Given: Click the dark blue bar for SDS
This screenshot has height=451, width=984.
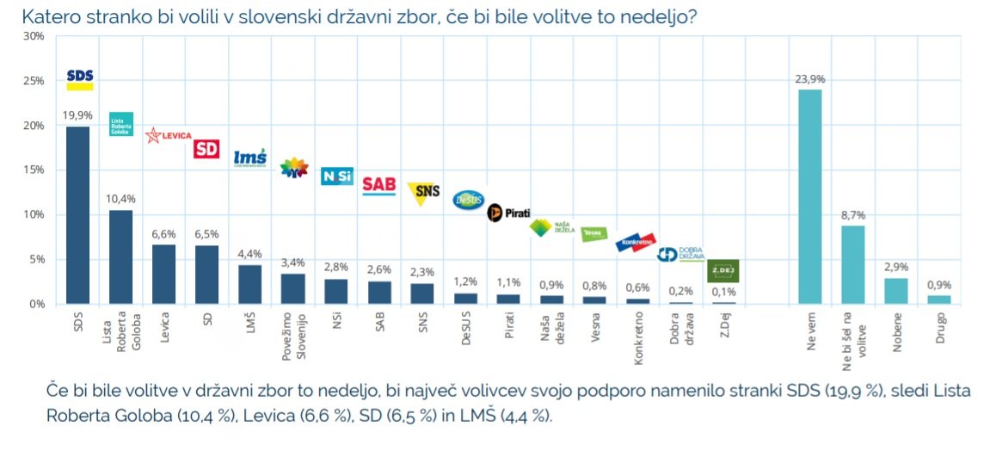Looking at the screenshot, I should (x=78, y=215).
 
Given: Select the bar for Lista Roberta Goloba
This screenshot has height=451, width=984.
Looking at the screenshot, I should (x=121, y=257).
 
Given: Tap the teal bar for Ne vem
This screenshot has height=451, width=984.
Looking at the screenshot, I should (x=809, y=197).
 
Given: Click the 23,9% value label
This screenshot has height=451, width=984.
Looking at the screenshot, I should (x=809, y=79).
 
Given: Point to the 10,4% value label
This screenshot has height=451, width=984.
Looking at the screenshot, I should (x=121, y=199).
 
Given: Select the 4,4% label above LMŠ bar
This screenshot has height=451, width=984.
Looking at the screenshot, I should (x=250, y=254).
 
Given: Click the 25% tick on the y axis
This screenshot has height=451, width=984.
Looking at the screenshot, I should (x=34, y=81).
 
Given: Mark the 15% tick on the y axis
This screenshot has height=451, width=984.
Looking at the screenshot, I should (x=34, y=170).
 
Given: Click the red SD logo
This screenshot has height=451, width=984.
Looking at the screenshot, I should (x=206, y=149).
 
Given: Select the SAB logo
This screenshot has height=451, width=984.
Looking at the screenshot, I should (x=378, y=184).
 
